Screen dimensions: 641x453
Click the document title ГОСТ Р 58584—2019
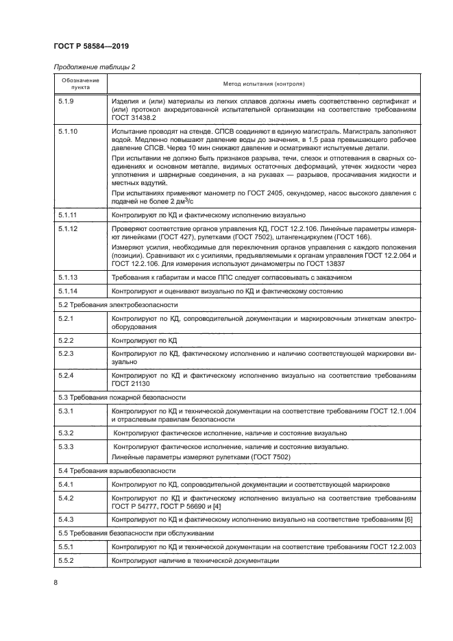click(91, 46)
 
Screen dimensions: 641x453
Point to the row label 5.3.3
click(66, 447)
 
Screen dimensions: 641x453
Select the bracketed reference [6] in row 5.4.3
click(410, 520)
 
